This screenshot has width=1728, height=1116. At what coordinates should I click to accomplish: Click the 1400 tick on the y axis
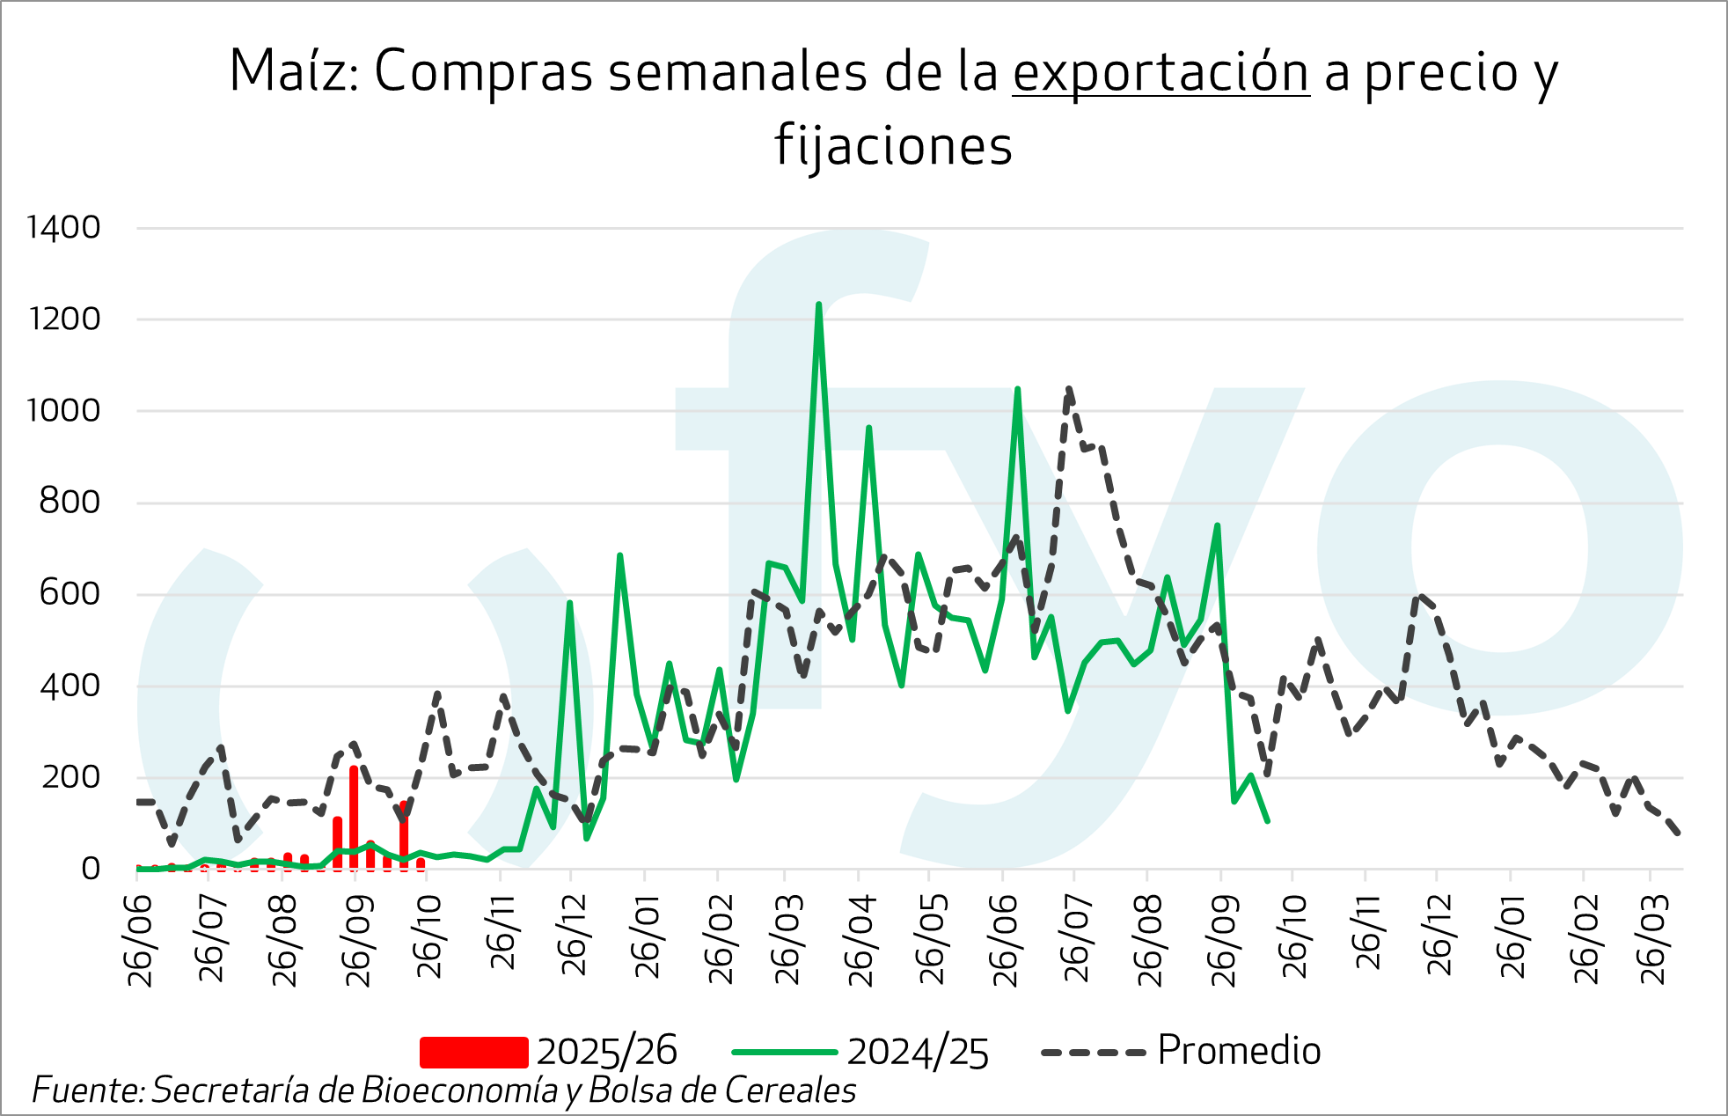coord(63,228)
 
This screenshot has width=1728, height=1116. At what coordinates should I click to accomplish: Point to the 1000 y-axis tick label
coord(63,410)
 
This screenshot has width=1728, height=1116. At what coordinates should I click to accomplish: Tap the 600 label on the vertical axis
coord(70,593)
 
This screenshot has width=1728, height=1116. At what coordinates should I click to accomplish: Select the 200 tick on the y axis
coord(70,777)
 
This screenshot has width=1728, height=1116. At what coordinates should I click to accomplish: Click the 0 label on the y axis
coord(91,869)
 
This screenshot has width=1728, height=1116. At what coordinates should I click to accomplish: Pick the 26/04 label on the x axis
coord(860,940)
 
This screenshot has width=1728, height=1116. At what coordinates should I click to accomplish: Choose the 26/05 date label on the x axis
coord(932,940)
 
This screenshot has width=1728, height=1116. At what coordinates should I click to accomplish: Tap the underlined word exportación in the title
coord(1161,72)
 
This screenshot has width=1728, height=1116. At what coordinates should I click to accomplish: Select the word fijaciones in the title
coord(894,146)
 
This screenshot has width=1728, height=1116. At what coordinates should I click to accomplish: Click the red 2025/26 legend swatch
coord(473,1052)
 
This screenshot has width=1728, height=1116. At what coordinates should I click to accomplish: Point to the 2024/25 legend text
coord(918,1052)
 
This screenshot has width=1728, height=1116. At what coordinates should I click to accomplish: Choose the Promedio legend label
coord(1239,1050)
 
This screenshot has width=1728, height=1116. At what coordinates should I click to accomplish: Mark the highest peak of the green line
coord(818,305)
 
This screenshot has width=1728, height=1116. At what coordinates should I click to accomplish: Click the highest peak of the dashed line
coord(1069,388)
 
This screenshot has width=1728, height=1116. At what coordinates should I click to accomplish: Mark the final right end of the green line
coord(1267,821)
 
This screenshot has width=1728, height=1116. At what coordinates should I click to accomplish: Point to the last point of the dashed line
coord(1680,833)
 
